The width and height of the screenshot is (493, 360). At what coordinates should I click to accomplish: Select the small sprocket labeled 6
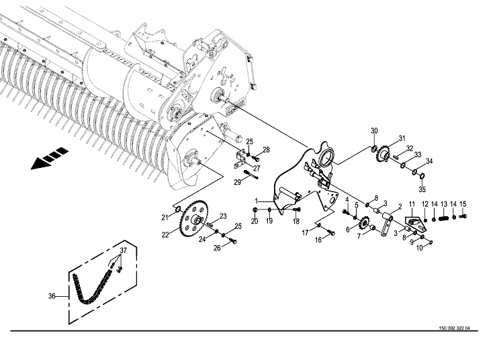(364, 224)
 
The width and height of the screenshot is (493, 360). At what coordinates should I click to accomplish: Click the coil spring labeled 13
(444, 217)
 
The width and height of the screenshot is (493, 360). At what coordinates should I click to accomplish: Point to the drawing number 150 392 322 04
(454, 328)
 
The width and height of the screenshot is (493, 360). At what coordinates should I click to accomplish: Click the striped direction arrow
(49, 158)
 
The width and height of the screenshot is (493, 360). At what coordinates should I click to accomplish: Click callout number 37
(123, 251)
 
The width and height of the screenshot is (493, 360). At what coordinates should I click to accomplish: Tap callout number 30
(374, 130)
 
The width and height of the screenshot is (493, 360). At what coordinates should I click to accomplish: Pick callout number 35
(422, 189)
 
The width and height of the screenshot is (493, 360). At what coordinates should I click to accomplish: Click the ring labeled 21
(177, 209)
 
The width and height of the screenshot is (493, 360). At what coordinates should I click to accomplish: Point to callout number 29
(237, 182)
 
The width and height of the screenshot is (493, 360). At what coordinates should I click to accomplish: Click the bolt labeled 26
(233, 240)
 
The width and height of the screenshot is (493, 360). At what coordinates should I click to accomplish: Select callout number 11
(412, 204)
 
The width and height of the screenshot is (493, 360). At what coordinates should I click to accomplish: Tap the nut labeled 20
(255, 210)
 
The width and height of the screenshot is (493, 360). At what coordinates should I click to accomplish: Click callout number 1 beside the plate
(257, 201)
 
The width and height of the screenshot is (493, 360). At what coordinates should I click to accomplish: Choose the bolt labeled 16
(330, 232)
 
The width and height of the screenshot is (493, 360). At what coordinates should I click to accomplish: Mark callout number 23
(223, 216)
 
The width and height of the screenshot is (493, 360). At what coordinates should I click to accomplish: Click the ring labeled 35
(422, 175)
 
